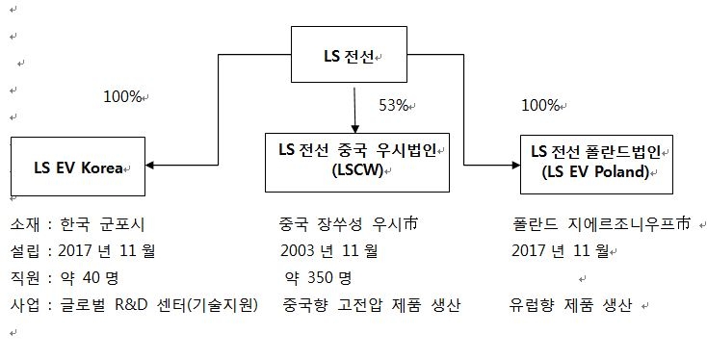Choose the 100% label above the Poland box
[539, 104]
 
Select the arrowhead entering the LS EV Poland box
[515, 165]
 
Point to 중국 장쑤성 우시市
[350, 226]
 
